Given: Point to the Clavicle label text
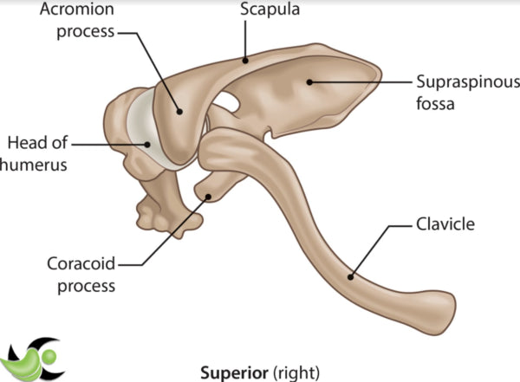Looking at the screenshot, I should point(442,225).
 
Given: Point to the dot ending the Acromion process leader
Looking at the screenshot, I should point(179,110).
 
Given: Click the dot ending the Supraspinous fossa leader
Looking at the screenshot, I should point(309,83).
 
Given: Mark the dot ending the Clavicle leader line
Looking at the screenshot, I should point(350,277).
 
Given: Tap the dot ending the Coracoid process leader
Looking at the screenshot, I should point(208,197).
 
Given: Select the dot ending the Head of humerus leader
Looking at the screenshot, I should point(148,144).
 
